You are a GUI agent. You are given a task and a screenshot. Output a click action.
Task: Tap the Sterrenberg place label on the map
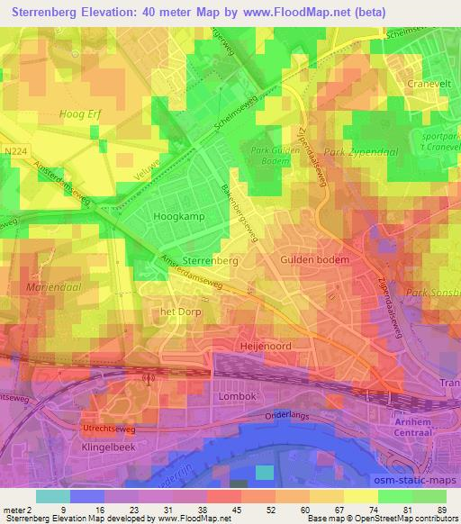tap(208, 260)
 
